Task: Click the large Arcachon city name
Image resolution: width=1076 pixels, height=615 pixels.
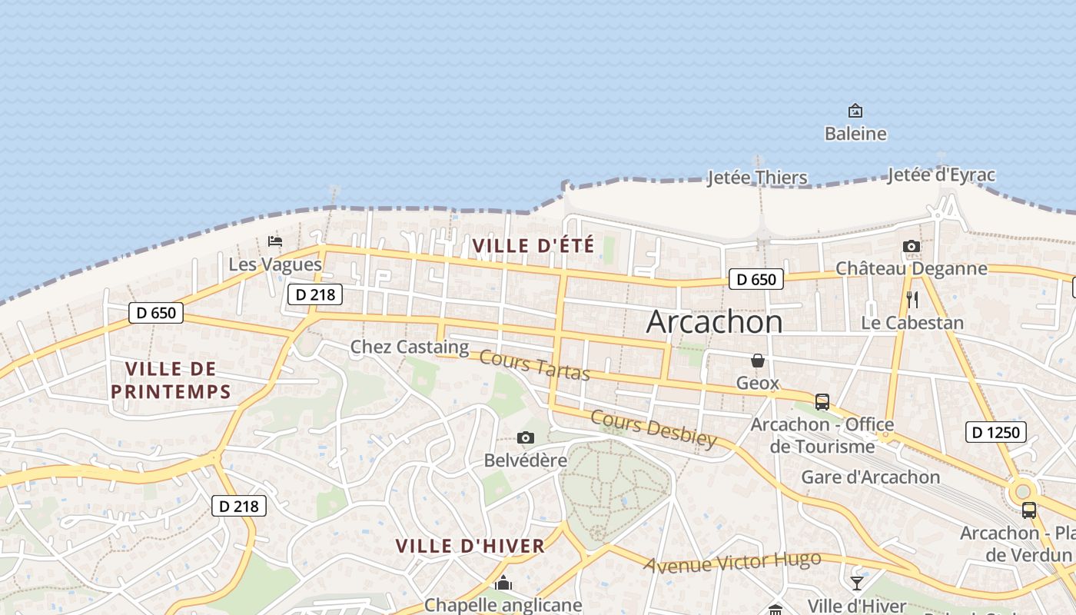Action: [714, 321]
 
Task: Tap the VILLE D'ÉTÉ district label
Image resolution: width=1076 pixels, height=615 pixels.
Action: [533, 246]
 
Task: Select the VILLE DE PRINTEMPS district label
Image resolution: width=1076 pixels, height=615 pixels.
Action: [171, 380]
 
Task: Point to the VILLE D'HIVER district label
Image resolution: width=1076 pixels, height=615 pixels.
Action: [470, 547]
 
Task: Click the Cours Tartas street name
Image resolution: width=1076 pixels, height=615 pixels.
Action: [534, 365]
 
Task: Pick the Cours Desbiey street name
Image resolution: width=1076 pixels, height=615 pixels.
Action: [653, 429]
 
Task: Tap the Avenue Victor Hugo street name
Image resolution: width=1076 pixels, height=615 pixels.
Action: [732, 563]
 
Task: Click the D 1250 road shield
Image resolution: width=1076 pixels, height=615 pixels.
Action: [995, 432]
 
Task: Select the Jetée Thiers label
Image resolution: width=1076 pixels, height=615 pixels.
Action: [757, 178]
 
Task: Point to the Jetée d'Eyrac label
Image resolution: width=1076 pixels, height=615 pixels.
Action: [941, 175]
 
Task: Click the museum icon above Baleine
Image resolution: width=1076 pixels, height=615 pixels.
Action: [855, 111]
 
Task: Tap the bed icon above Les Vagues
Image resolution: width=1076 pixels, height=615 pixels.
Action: [275, 241]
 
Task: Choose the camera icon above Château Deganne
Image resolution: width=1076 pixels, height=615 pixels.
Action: [912, 246]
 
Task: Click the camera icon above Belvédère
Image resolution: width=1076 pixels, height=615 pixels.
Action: [526, 438]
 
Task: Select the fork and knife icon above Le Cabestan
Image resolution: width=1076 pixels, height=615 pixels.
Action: [912, 299]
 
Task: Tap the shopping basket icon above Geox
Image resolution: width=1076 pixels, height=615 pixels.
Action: [758, 360]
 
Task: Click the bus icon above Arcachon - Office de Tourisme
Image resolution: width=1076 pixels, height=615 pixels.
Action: [822, 401]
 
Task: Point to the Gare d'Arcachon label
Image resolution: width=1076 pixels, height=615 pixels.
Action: [871, 477]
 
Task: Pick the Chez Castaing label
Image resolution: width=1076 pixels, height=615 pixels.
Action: [410, 347]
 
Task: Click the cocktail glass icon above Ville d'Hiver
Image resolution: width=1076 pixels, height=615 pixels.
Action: [857, 583]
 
